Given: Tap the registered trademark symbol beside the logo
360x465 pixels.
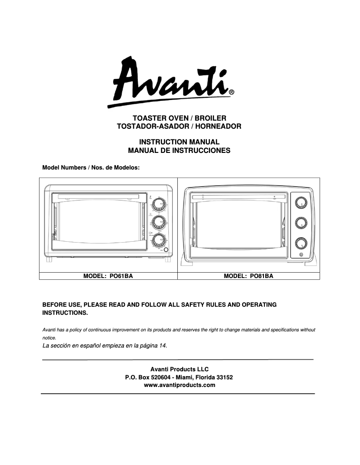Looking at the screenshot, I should tap(231, 92).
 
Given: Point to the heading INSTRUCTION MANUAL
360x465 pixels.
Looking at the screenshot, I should tap(179, 142).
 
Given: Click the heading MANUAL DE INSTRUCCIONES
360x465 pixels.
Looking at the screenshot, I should tap(179, 151).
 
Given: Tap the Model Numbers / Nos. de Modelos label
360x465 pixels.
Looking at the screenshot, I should tap(91, 167).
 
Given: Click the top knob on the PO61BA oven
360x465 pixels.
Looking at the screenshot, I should tap(158, 205).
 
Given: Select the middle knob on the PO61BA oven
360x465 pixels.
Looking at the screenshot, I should tap(158, 222).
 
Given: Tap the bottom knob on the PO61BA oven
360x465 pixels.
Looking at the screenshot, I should tap(158, 240).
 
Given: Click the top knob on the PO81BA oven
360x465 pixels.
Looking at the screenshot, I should tap(300, 202).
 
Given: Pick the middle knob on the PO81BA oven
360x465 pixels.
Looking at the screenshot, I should tap(300, 223).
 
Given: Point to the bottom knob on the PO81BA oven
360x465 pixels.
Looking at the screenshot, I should tap(300, 243).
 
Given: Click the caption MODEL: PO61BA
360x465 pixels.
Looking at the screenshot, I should tap(108, 276).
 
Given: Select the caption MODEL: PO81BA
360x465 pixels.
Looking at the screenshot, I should tap(248, 276).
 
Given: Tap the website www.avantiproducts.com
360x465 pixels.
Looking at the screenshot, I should tap(179, 385).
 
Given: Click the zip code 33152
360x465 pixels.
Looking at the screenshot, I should tap(224, 377).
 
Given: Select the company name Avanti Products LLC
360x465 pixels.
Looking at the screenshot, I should tap(179, 369).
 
